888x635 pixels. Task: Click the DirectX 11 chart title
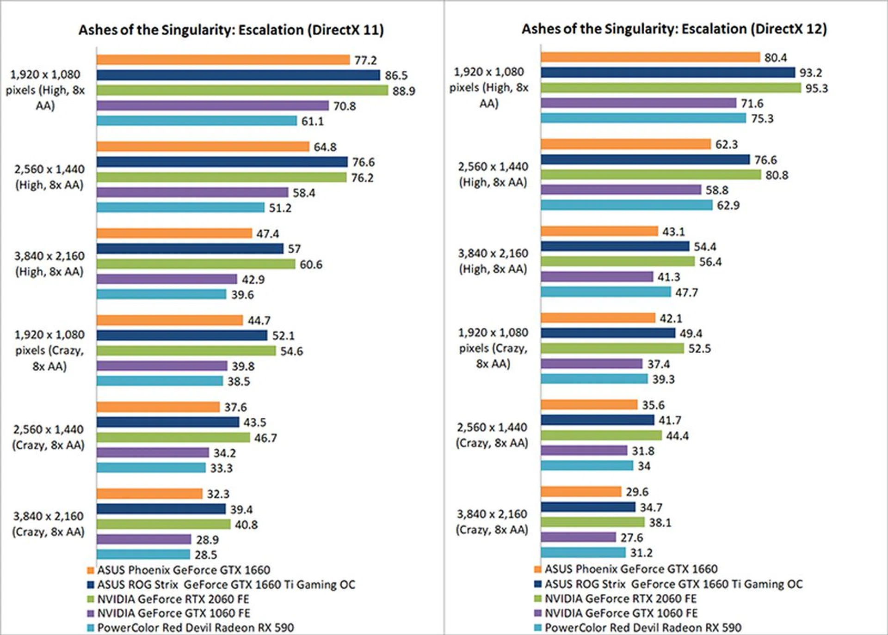[x=231, y=30]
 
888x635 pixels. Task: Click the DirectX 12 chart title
[x=674, y=29]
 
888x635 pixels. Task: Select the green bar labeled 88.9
[x=242, y=91]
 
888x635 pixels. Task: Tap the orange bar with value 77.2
[x=223, y=60]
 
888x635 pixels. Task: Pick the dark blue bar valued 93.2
[x=667, y=73]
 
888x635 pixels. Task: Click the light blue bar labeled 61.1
[x=197, y=121]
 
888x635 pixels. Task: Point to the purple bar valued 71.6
[x=638, y=103]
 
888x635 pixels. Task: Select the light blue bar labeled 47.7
[x=605, y=292]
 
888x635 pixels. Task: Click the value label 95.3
[x=816, y=88]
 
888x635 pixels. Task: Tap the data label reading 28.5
[x=206, y=555]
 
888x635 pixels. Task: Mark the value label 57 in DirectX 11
[x=294, y=249]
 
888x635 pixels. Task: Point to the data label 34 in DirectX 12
[x=644, y=466]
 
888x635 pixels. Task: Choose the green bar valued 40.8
[x=163, y=525]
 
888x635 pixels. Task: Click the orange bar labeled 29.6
[x=581, y=492]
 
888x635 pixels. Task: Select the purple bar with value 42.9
[x=166, y=279]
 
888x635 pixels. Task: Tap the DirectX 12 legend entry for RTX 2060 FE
[x=620, y=599]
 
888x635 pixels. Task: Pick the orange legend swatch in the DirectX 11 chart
[x=91, y=570]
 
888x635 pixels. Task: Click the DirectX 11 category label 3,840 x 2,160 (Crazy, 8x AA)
[x=49, y=524]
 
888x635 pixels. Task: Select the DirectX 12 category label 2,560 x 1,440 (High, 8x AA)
[x=493, y=174]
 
